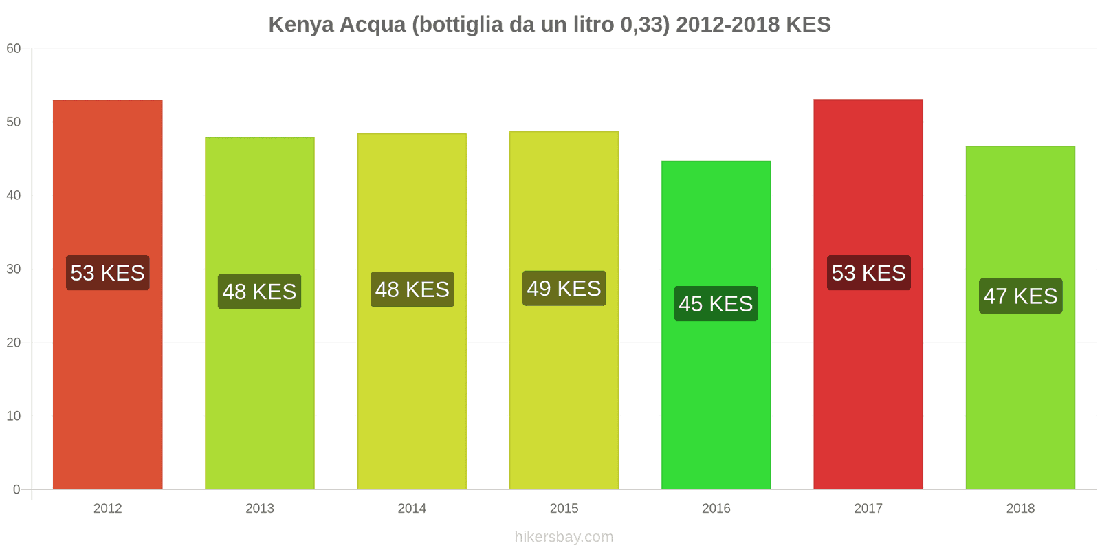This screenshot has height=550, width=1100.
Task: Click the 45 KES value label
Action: point(716,304)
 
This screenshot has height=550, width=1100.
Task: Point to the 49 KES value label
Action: point(564,288)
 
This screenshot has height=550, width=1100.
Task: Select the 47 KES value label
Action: point(1020,296)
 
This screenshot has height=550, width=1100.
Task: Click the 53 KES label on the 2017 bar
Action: point(868,273)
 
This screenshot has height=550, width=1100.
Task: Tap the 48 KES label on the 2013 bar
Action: point(259,291)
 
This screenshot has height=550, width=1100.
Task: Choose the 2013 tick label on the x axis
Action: point(259,509)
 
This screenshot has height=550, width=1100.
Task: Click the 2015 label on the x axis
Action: point(564,509)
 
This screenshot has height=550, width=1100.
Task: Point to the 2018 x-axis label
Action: point(1020,509)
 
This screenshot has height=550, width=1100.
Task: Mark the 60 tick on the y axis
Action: point(14,49)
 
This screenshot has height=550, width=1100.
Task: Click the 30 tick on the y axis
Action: point(14,269)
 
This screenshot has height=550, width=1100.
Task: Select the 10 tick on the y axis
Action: point(14,417)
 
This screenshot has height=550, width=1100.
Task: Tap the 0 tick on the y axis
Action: point(16,490)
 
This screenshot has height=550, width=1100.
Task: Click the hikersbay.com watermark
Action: point(564,537)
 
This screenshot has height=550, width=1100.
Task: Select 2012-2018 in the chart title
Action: point(727,25)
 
